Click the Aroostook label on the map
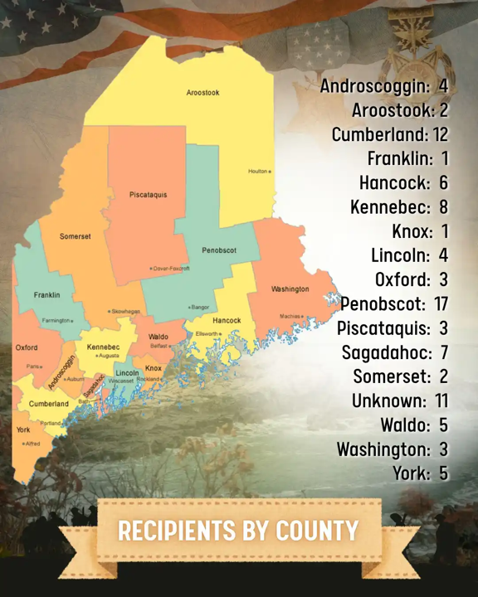pos(202,93)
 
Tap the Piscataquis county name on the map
pos(148,195)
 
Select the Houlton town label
pos(258,172)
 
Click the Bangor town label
pos(200,308)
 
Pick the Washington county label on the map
pos(290,289)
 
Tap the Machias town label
pos(290,316)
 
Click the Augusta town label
pos(108,356)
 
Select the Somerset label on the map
pos(75,236)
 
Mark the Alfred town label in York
pos(32,444)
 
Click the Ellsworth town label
pos(207,333)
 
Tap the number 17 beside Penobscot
pos(441,304)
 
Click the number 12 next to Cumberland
pos(440,133)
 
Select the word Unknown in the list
pos(388,401)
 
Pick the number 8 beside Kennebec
pos(443,206)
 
